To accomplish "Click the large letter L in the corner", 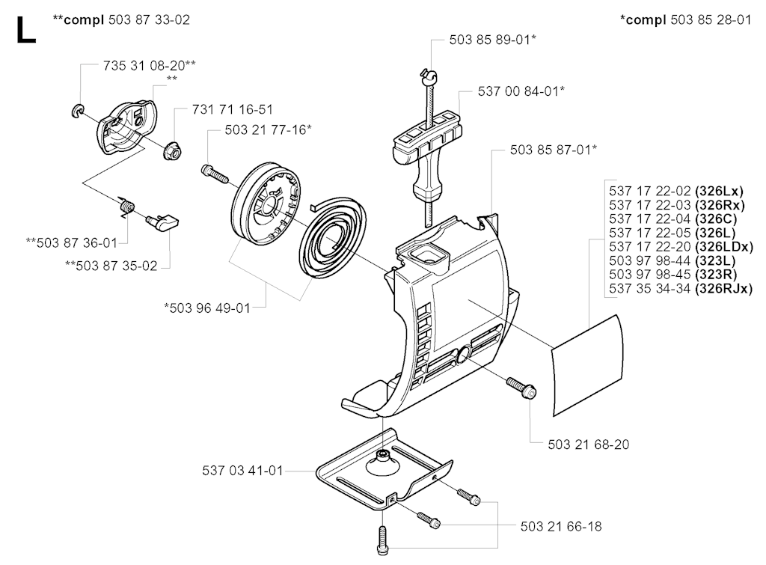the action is click(x=26, y=30).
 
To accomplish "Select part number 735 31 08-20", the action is click(x=144, y=66).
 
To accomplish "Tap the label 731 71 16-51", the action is click(x=233, y=109).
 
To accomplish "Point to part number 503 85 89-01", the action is click(x=490, y=40).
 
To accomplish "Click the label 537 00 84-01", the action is click(x=518, y=91).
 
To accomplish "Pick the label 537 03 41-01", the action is click(x=243, y=471).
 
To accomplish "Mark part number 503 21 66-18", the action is click(x=561, y=526).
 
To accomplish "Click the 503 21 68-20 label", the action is click(x=588, y=445).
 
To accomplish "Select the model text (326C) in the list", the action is click(x=716, y=219).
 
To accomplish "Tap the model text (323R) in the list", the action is click(x=716, y=274).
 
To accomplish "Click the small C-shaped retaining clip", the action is click(x=78, y=110).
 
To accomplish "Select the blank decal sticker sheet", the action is click(x=588, y=366).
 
